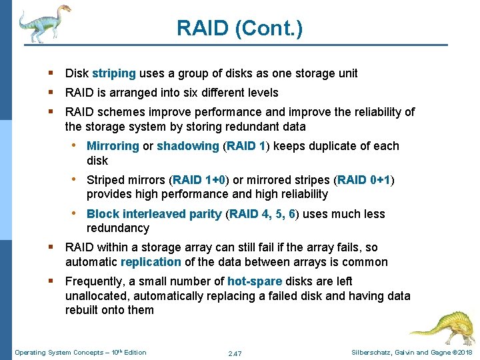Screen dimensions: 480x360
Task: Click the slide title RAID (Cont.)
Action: [x=239, y=28]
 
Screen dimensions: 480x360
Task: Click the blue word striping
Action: [x=114, y=73]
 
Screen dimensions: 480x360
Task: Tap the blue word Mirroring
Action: [x=113, y=146]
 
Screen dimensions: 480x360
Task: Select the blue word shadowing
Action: [x=187, y=146]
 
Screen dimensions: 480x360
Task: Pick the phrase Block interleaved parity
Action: [x=154, y=214]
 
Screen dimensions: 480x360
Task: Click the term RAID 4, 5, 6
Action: [x=263, y=214]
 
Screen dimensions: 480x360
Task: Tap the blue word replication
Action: [x=151, y=262]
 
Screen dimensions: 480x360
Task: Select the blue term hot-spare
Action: [x=255, y=281]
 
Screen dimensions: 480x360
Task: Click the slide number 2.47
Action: [x=235, y=353]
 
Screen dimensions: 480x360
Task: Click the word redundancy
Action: [x=118, y=228]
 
